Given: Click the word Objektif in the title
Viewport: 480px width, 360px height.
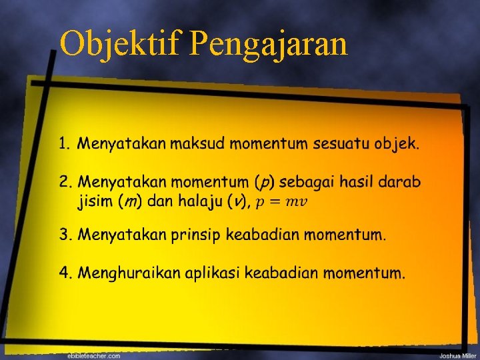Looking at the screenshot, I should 121,45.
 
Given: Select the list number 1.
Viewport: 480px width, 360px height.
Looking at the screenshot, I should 64,143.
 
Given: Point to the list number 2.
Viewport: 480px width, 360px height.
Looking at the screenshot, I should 65,182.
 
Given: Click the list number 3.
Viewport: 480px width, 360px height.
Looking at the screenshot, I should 65,234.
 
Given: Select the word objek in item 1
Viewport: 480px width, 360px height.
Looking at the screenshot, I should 397,144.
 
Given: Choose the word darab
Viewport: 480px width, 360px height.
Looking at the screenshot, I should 401,182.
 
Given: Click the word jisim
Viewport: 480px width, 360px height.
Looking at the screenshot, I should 95,201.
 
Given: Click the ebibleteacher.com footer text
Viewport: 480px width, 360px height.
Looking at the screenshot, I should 94,356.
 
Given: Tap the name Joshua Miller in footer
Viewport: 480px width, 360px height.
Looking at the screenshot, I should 458,356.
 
